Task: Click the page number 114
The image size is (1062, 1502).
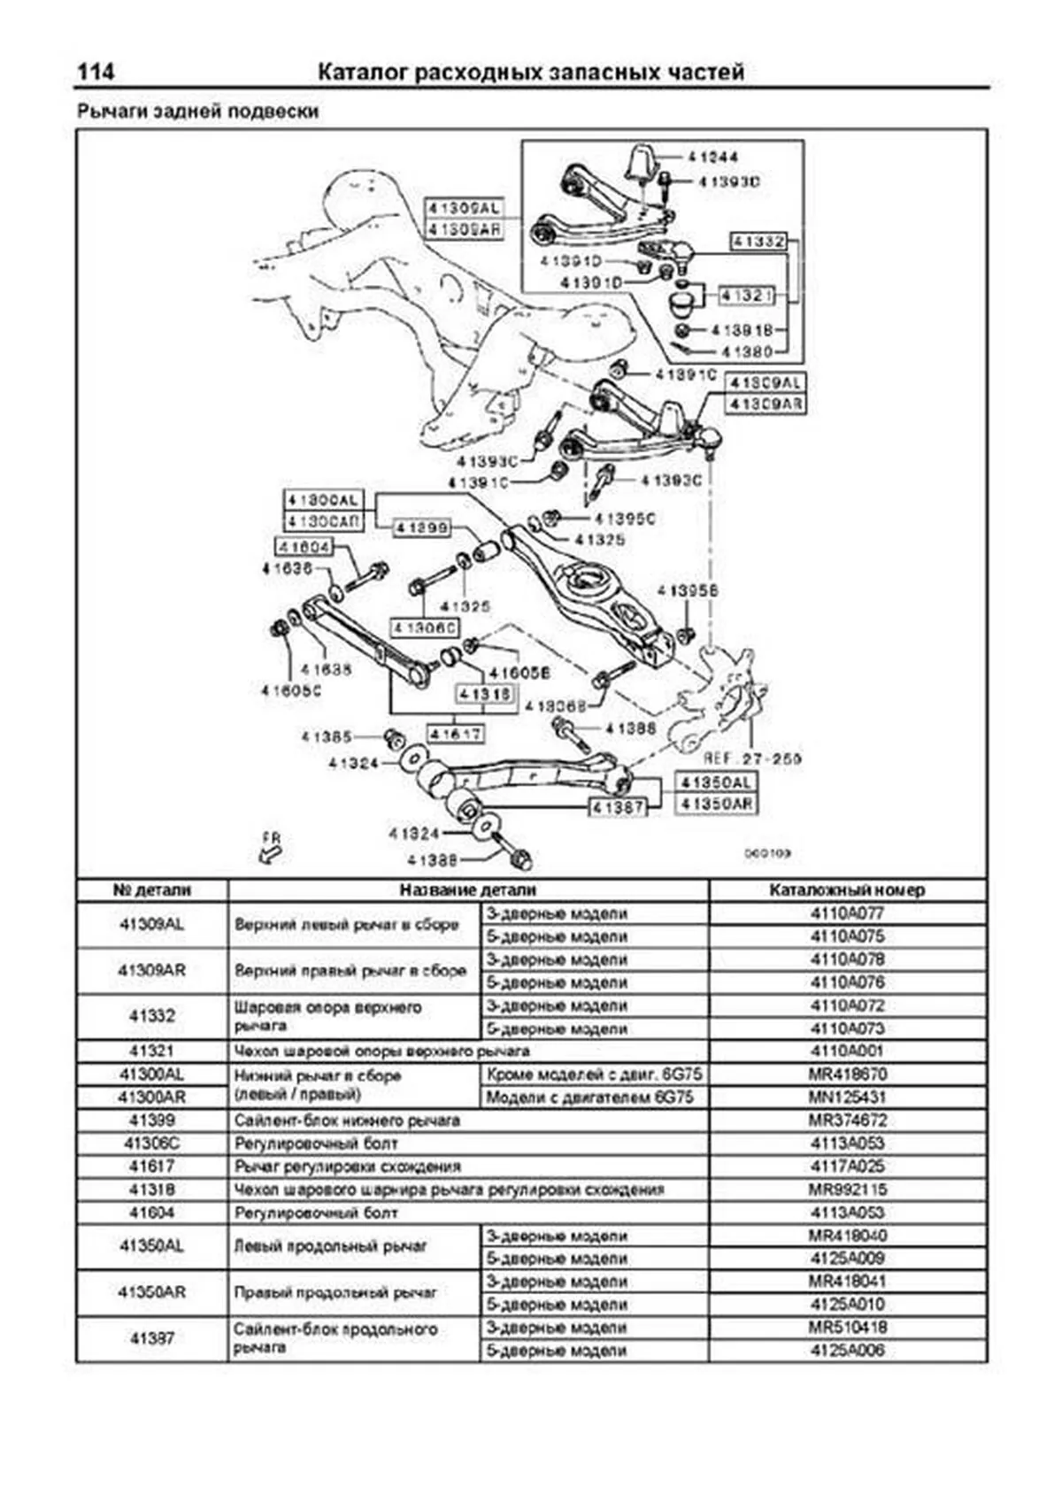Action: click(x=96, y=72)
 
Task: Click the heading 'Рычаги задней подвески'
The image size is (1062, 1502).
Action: click(x=197, y=112)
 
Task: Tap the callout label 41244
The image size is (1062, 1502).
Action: click(x=712, y=158)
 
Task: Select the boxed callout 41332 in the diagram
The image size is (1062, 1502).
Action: click(x=758, y=241)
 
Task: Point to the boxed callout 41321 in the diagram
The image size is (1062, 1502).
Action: click(x=747, y=296)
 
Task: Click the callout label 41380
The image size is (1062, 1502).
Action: click(x=747, y=352)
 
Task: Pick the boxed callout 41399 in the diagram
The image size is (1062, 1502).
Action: click(x=422, y=528)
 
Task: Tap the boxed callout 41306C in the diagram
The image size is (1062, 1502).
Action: click(x=425, y=628)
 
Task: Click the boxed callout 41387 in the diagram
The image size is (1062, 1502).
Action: click(x=618, y=807)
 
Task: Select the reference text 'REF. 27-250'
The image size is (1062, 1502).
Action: click(x=752, y=759)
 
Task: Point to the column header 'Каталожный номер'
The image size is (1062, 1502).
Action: click(x=847, y=890)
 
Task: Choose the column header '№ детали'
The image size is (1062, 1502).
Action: click(x=152, y=890)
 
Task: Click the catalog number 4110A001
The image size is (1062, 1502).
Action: click(x=847, y=1051)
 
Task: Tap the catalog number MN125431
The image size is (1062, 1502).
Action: click(x=847, y=1098)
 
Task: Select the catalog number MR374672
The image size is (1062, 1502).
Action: click(x=847, y=1121)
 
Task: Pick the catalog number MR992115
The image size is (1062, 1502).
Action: click(x=847, y=1190)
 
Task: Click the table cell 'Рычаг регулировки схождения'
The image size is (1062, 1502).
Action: click(x=347, y=1167)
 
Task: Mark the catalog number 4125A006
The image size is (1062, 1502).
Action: click(x=847, y=1351)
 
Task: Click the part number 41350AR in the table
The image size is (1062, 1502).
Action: click(x=152, y=1292)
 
